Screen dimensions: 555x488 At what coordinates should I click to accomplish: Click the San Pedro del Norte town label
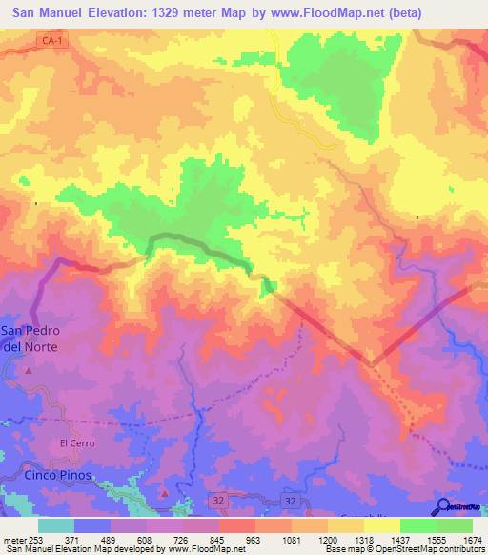coord(28,339)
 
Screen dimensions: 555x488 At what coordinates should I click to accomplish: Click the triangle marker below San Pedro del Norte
coord(29,369)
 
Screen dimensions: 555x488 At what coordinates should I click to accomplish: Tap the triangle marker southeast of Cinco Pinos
coord(164,493)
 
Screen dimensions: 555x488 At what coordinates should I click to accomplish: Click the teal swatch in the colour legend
coord(56,525)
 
